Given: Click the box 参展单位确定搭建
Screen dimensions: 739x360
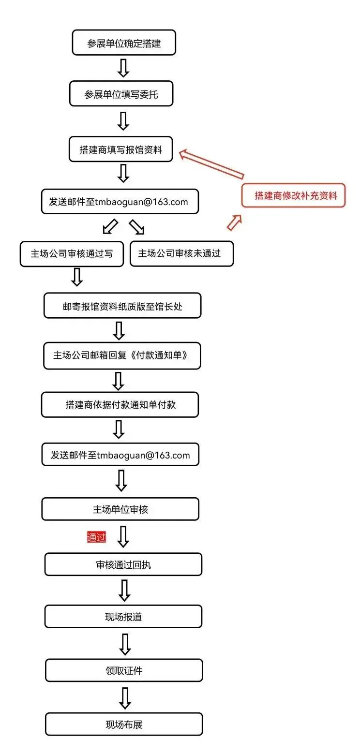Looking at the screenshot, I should tap(123, 43).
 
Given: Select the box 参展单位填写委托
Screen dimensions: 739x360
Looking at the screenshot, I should tap(121, 94).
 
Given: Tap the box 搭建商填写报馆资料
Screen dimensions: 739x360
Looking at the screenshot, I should tap(120, 149).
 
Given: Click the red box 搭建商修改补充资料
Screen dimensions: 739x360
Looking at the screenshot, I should tap(293, 195).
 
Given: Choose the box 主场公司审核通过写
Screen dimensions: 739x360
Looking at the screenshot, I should tap(72, 253).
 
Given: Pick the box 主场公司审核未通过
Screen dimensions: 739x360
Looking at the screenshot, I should tap(181, 253).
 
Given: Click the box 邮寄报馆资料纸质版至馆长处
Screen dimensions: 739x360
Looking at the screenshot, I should tap(122, 306).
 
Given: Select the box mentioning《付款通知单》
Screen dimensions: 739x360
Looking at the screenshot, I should tap(120, 356).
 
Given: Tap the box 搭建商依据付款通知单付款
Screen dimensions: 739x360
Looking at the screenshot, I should tap(120, 404).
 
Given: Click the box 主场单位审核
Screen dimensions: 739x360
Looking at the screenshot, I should tap(120, 509).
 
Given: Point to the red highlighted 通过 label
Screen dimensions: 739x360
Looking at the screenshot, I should tap(96, 537).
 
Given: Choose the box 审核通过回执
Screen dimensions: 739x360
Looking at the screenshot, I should tap(123, 564).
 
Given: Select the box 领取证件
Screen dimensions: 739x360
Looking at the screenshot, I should tap(124, 670).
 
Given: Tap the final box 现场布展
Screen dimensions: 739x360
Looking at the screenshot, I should tap(124, 724).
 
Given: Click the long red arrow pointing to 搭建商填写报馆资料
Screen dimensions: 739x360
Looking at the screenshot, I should tap(211, 164).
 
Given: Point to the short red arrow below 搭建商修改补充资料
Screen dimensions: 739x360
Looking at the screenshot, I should tap(234, 222).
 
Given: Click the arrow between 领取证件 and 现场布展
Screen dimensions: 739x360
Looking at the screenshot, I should tap(125, 697).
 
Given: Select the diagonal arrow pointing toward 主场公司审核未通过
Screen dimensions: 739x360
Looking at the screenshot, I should tap(137, 226).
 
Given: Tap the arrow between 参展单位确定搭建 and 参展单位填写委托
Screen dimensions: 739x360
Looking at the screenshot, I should tap(123, 68).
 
